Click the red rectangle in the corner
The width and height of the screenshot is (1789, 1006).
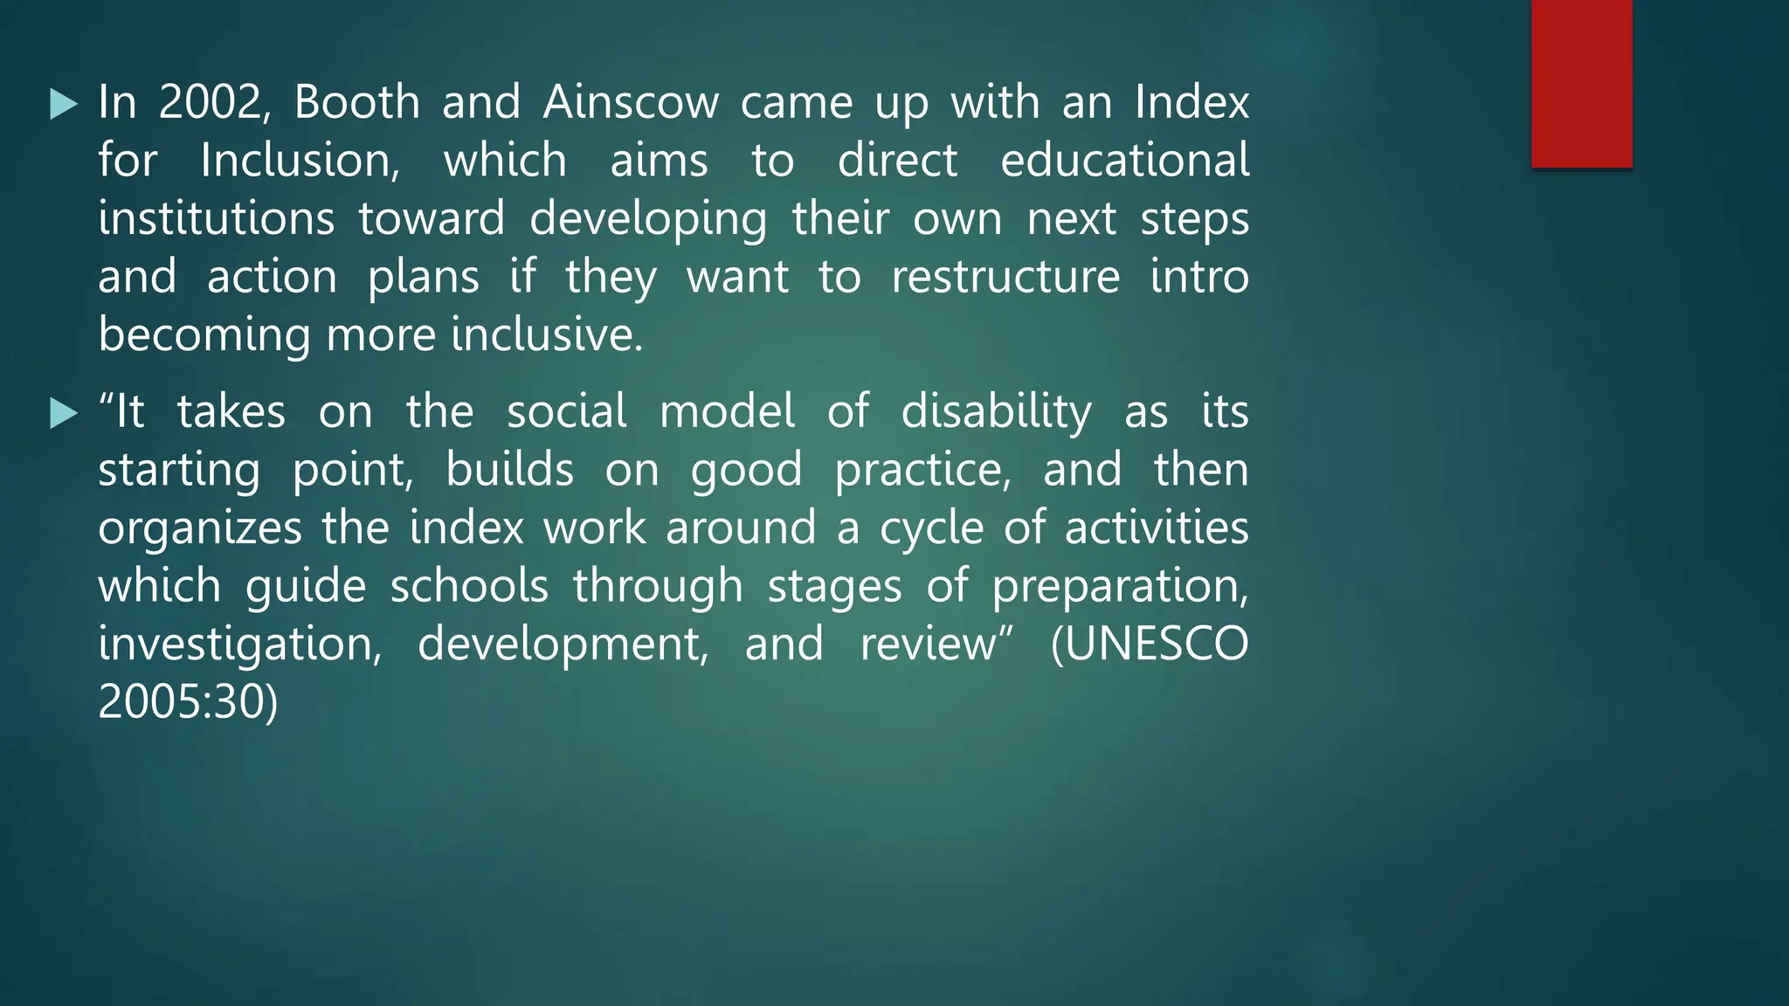click(1581, 84)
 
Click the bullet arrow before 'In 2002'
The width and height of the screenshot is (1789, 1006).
click(64, 104)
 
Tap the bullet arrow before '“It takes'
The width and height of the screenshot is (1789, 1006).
click(64, 413)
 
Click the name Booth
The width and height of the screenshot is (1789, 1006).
click(357, 103)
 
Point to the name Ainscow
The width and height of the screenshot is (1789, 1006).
click(631, 103)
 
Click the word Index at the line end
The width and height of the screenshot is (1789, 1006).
click(1192, 103)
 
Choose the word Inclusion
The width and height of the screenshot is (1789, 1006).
click(300, 162)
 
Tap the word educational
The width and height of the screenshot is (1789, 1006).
click(1124, 162)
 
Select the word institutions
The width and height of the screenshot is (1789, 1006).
click(216, 219)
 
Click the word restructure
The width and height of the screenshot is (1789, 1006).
click(1005, 278)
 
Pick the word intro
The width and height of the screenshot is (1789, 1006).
click(1198, 278)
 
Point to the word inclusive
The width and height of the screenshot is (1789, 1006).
click(546, 335)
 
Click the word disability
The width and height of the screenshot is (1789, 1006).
click(996, 412)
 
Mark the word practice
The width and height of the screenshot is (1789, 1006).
click(922, 471)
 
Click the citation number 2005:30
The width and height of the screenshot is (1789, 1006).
click(188, 702)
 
